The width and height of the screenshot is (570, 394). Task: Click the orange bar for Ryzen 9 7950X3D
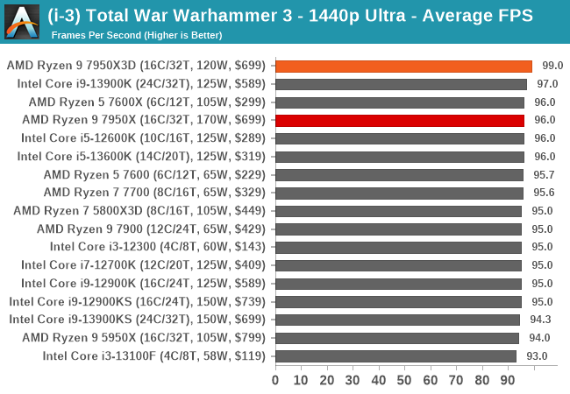tap(403, 66)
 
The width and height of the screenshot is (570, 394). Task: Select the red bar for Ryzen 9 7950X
tap(400, 120)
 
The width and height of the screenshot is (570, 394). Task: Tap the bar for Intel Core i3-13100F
tap(395, 355)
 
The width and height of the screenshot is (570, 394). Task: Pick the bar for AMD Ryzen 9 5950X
tap(397, 337)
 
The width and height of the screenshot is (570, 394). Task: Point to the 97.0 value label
tap(547, 84)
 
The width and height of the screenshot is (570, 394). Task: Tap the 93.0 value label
tap(537, 355)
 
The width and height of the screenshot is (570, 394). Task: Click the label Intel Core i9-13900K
tap(144, 84)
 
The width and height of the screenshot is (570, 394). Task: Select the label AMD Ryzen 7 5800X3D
tap(142, 211)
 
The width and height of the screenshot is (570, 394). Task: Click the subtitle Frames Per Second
tap(136, 35)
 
